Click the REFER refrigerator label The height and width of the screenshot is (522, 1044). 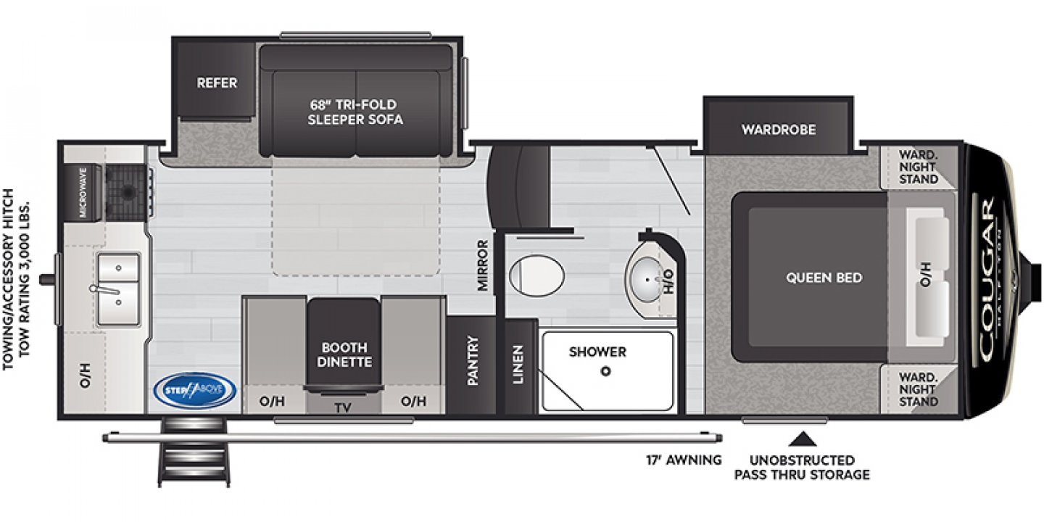(x=217, y=83)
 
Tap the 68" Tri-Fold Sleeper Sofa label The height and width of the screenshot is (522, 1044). (x=355, y=112)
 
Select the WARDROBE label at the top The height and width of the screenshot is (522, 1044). (x=778, y=130)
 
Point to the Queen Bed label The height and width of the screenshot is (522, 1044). (x=824, y=278)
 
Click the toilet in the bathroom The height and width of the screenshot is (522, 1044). (x=536, y=275)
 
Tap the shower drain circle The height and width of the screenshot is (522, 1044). (x=606, y=371)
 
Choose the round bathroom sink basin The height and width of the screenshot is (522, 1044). (x=645, y=276)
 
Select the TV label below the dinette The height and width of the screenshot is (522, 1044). (x=343, y=407)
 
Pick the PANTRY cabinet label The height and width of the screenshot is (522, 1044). (x=473, y=360)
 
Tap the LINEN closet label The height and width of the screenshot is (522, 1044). (x=518, y=364)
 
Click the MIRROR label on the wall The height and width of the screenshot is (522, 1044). (x=484, y=265)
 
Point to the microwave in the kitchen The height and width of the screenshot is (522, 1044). (x=83, y=192)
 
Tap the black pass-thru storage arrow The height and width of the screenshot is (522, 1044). (x=801, y=438)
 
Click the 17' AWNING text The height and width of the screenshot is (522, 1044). (x=684, y=460)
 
